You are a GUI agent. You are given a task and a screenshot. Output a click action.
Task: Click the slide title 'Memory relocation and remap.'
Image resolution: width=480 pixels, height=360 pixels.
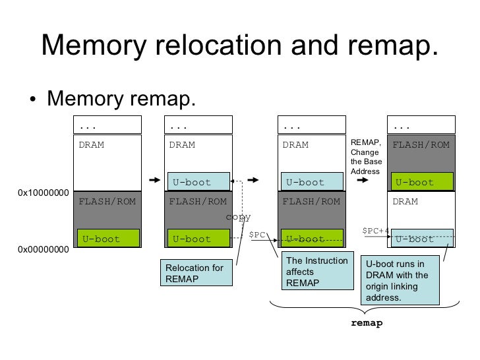tap(239, 45)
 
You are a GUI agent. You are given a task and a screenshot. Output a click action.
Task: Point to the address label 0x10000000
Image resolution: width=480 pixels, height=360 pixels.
tap(43, 193)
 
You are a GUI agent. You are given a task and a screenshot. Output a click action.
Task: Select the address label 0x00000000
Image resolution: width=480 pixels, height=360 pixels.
tap(43, 250)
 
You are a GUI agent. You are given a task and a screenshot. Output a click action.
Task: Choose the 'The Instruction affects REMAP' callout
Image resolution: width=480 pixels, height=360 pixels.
tap(316, 272)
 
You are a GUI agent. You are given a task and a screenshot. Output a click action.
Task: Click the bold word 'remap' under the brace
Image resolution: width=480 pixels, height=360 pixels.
tap(366, 323)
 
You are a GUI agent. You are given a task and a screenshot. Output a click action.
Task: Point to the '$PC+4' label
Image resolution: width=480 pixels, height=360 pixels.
tap(376, 231)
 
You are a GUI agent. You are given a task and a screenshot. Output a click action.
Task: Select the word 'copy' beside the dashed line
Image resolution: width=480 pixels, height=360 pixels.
tap(237, 217)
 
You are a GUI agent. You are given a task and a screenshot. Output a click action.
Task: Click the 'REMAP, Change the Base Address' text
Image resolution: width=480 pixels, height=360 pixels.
tap(365, 157)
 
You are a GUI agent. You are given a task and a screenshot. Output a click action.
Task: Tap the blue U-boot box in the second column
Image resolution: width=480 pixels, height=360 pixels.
tap(199, 182)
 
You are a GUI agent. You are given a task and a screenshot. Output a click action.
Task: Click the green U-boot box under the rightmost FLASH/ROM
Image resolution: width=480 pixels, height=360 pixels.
tap(423, 182)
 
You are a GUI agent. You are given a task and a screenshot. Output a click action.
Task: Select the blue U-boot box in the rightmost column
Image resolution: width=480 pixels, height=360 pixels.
tap(423, 239)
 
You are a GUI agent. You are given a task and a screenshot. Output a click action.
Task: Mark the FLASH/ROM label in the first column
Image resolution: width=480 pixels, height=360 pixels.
tap(107, 201)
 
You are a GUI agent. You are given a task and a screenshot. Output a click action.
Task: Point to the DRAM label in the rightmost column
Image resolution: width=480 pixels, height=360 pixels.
tap(405, 201)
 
